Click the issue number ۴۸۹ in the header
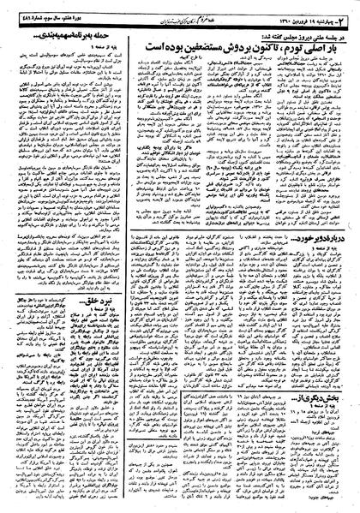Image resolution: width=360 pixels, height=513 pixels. [x=13, y=10]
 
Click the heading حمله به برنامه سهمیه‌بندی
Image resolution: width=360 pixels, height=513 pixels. [x=69, y=34]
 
